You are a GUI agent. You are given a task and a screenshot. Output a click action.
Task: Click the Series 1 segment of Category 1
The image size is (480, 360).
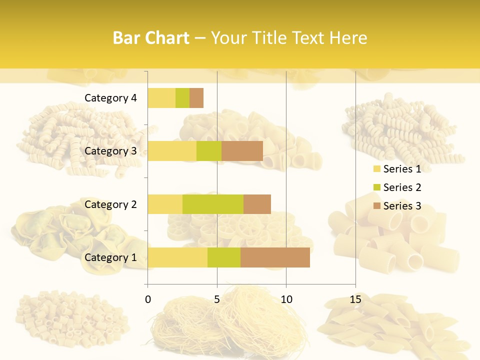(x=177, y=257)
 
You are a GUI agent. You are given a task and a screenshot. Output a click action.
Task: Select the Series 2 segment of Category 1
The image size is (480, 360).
(x=224, y=257)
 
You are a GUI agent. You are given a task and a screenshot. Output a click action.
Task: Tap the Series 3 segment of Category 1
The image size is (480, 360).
(x=275, y=257)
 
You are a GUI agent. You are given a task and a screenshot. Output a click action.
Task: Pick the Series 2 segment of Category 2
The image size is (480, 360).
(x=213, y=204)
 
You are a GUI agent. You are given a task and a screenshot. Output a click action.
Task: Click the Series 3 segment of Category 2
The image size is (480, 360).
(x=257, y=204)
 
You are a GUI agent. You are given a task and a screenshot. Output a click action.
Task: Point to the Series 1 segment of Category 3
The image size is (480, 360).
(x=172, y=151)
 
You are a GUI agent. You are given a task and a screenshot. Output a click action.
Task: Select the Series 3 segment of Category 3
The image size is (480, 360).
(x=242, y=151)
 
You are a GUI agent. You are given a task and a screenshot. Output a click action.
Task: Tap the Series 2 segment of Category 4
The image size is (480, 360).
(x=182, y=98)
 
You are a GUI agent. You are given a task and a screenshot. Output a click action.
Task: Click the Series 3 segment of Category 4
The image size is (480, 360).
(x=196, y=98)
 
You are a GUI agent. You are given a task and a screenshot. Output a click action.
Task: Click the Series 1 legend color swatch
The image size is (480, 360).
(x=376, y=169)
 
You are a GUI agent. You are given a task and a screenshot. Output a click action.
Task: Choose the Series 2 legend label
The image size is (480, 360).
(x=402, y=187)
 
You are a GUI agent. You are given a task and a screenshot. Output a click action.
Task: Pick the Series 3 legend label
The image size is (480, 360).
(x=402, y=206)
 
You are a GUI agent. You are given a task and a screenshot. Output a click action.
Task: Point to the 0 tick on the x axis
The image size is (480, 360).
(x=148, y=299)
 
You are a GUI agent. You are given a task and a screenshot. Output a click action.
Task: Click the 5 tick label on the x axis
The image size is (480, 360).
(x=217, y=299)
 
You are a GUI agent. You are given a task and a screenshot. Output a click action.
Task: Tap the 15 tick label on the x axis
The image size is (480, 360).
(x=355, y=299)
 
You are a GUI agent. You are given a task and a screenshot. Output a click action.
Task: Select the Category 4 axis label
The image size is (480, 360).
(x=110, y=98)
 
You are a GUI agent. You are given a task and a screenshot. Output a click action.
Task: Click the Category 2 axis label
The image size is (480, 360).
(x=110, y=204)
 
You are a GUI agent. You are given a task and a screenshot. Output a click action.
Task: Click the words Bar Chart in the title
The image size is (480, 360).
(x=151, y=37)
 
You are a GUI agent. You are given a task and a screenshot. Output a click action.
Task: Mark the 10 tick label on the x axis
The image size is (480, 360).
(x=286, y=299)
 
